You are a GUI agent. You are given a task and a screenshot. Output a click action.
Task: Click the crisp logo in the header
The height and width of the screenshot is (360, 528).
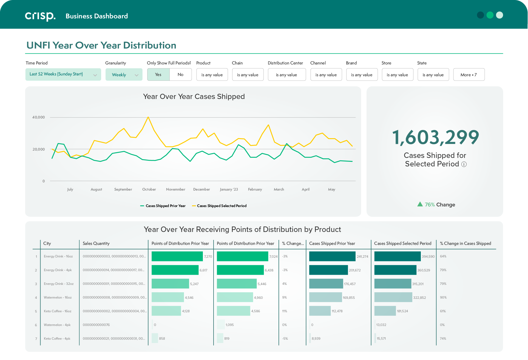pos(40,16)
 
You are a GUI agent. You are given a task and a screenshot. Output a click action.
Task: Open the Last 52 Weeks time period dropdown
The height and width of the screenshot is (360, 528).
pos(63,74)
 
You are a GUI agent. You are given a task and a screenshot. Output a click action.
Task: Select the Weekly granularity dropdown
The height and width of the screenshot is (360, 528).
pos(124,75)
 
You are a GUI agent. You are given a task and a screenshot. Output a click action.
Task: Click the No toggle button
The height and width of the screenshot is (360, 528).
pos(180,75)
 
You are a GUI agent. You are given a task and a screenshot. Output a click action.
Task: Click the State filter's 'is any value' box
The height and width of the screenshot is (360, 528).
pos(433,75)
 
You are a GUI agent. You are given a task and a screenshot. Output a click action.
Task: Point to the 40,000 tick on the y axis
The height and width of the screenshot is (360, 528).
pos(38,117)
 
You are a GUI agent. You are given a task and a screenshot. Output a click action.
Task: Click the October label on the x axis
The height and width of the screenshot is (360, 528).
pos(149,189)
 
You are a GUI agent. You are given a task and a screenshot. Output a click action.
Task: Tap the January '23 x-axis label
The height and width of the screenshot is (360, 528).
pos(229,189)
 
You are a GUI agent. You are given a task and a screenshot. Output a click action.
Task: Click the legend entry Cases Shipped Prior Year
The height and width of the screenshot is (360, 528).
pos(163,206)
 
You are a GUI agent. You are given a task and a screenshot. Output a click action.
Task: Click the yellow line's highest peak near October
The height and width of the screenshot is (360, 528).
pos(148,117)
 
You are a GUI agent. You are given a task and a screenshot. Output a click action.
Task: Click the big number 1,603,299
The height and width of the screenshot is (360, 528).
pos(435,137)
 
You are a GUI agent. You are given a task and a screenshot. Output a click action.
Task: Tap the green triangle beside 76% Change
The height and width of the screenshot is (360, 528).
pos(420,204)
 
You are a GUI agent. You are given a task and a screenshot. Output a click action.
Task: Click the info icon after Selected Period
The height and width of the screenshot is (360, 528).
pos(464,164)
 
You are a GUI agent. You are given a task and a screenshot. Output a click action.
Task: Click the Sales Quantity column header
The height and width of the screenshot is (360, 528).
pos(96,243)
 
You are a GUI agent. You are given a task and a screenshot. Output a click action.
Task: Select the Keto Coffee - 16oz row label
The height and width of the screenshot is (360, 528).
pos(58,311)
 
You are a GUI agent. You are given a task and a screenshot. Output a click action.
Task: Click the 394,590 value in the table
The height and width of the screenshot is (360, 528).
pos(428,257)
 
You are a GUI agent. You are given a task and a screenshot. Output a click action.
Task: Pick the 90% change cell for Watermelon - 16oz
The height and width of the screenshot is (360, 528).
pos(443,297)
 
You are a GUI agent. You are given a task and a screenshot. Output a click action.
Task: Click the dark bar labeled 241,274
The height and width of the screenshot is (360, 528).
pos(332,256)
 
